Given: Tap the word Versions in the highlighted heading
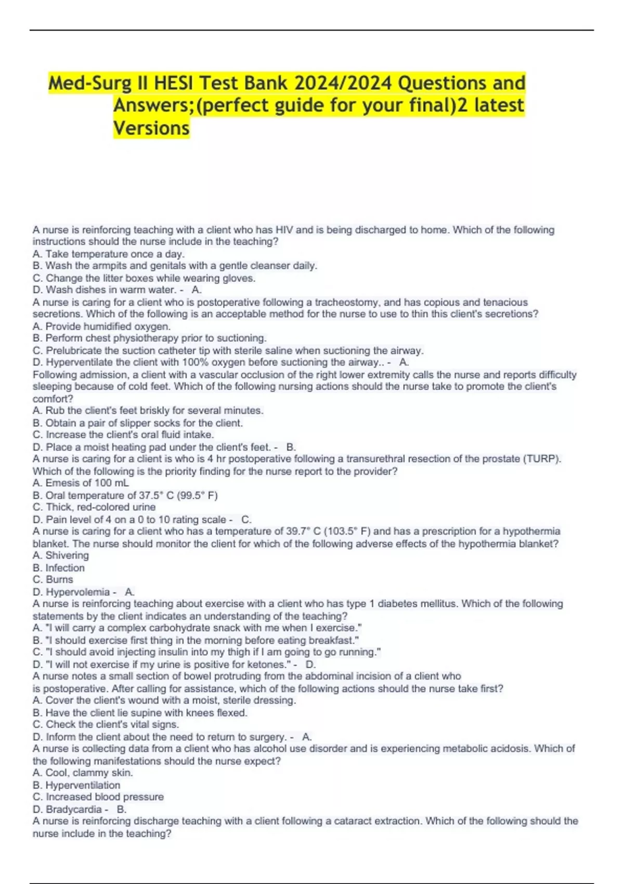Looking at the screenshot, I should point(151,128).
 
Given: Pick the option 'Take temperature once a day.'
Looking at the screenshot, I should point(109,254).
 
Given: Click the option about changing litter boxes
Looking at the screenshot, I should point(144,278).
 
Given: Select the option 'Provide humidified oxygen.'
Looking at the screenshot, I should point(102,327).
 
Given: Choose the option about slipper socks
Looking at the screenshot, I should point(138,423).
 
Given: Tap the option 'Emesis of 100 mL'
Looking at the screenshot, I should point(81,483).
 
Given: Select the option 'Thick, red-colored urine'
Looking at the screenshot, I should point(94,507).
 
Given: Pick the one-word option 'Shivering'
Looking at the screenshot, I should point(61,555).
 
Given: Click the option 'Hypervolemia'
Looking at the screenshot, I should point(72,592).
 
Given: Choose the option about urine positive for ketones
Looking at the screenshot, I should point(163,665).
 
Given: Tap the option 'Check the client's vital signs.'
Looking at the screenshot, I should point(106,725).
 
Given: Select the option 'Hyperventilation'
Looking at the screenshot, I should point(76,785).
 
